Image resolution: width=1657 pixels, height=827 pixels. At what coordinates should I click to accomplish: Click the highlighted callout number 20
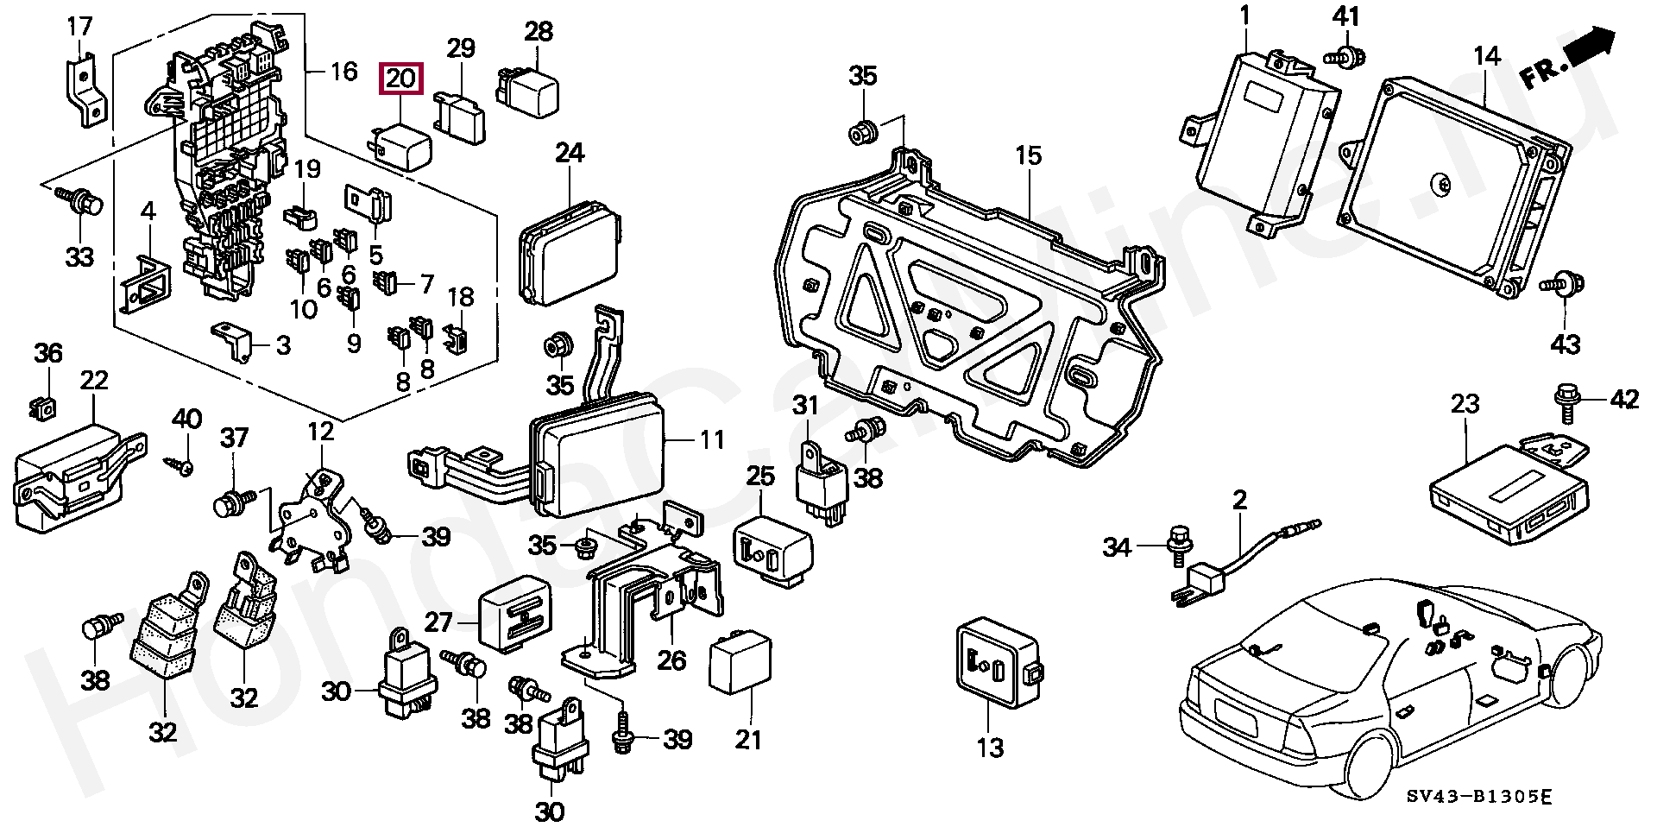(x=400, y=79)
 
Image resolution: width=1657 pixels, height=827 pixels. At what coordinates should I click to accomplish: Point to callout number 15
(x=1029, y=156)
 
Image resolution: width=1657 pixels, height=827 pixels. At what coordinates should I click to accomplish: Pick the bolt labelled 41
(x=1346, y=57)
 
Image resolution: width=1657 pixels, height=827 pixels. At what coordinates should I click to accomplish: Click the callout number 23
(x=1465, y=404)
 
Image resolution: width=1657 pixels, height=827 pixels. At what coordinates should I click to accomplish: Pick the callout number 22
(x=94, y=381)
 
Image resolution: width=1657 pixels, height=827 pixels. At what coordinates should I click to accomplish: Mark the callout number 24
(x=570, y=153)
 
